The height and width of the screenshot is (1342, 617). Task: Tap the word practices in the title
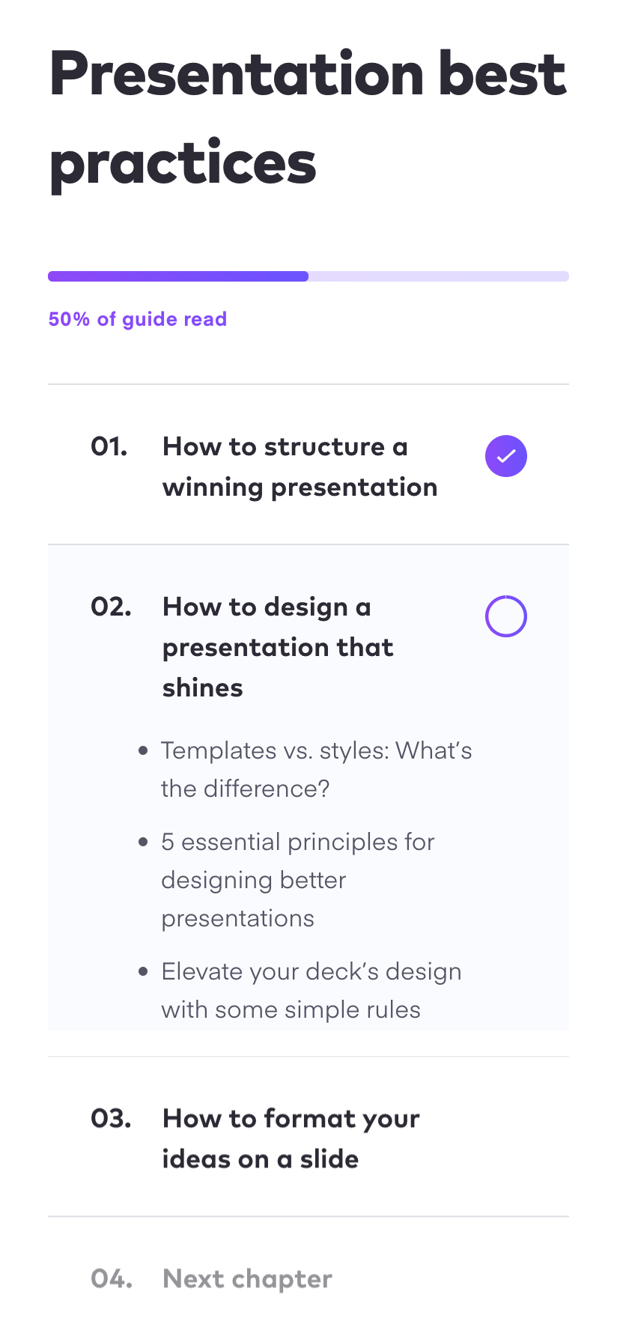183,164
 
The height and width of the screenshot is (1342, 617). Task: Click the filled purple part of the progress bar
178,276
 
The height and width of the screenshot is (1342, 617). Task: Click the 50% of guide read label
137,319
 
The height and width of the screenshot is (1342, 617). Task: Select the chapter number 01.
109,447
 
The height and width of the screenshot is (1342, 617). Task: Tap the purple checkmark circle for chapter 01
506,456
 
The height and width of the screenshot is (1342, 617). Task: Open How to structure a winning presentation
300,467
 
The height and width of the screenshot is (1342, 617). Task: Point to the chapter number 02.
111,607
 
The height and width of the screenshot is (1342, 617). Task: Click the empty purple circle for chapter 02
506,616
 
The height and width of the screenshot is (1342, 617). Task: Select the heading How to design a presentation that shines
278,647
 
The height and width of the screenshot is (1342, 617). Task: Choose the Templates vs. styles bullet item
316,769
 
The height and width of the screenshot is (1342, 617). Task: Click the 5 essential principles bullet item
297,880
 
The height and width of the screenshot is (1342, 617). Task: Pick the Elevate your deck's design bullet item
311,990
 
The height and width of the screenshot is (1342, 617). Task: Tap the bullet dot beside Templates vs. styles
143,750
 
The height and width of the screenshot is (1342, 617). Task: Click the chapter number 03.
111,1119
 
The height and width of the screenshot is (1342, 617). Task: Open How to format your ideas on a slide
291,1138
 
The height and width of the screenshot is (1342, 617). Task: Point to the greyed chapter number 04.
112,1279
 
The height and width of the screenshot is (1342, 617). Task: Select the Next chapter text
247,1279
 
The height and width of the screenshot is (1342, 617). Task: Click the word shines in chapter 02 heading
203,688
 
